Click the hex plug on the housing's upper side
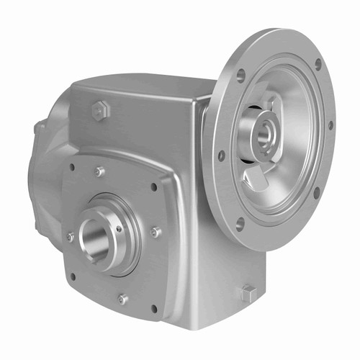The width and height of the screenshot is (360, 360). (99, 110)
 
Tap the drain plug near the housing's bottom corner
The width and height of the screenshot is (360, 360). (248, 292)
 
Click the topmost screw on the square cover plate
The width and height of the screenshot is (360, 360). (100, 171)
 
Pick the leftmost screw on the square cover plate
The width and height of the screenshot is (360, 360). (70, 236)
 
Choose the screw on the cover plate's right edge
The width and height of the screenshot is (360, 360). (156, 232)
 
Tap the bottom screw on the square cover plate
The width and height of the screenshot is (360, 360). (123, 298)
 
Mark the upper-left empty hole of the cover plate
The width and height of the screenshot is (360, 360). (71, 167)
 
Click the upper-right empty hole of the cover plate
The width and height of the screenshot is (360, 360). (154, 187)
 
